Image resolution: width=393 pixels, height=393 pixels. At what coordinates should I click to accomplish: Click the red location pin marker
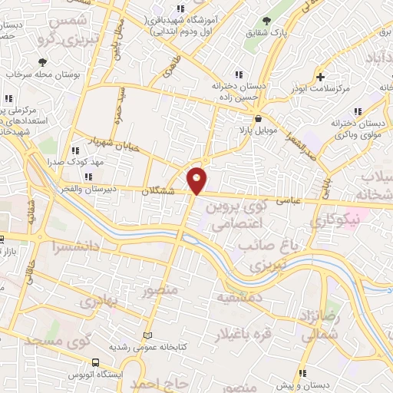pos(197,180)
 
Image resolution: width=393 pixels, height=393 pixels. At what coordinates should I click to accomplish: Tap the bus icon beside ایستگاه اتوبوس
pos(94,362)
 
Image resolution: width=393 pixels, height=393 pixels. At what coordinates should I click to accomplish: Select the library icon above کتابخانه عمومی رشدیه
pos(147,336)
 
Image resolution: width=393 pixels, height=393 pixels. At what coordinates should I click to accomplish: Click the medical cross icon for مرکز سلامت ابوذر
pos(321,77)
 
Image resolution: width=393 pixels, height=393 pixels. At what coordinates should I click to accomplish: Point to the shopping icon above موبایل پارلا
pos(258,119)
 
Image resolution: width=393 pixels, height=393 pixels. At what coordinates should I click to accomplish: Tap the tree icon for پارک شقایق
pos(266,21)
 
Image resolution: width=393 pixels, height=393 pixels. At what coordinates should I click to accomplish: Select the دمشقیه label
pos(239,296)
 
